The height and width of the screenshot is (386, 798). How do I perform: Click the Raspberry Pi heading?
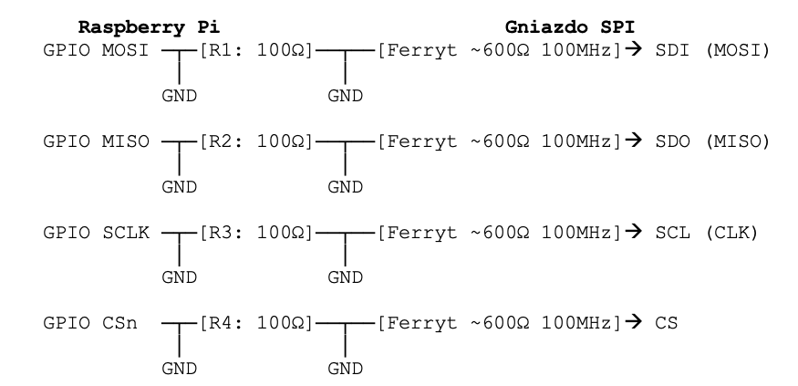(x=149, y=27)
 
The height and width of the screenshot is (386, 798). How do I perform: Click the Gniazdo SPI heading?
(x=570, y=27)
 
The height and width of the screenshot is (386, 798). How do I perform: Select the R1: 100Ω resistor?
(x=256, y=50)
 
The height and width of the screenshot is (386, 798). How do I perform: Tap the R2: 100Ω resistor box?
(x=256, y=141)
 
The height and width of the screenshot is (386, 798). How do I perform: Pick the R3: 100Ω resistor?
(x=256, y=233)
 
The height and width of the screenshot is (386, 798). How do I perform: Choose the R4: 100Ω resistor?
(x=256, y=323)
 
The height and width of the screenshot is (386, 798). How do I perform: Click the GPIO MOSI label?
(x=96, y=50)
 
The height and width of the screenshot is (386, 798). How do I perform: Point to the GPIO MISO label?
(x=96, y=141)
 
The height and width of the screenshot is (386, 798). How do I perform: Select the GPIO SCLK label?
(x=96, y=233)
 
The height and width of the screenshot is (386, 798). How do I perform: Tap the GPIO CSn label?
(x=90, y=323)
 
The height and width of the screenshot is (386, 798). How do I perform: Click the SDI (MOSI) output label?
(x=712, y=50)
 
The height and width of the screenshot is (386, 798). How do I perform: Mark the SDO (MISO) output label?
(x=712, y=141)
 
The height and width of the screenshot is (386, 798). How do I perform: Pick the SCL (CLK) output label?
(x=707, y=233)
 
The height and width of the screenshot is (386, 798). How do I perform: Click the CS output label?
(x=666, y=323)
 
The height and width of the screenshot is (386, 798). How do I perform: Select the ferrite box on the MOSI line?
(x=499, y=50)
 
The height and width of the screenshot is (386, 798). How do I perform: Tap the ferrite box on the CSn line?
(x=499, y=323)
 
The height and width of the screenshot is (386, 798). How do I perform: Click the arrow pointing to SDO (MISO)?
(x=634, y=141)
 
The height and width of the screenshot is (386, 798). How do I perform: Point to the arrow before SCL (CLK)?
(x=634, y=232)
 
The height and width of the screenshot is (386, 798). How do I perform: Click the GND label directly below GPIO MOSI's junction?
(x=179, y=96)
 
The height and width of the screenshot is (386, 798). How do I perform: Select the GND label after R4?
(x=345, y=369)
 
